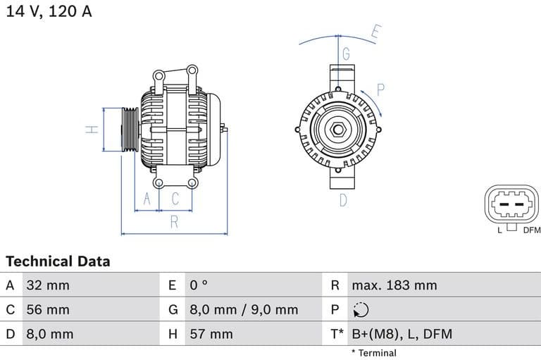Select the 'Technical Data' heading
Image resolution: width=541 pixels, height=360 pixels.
tap(58, 261)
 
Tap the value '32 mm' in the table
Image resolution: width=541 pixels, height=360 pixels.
tap(48, 285)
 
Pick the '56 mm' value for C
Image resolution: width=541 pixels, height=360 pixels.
tap(48, 309)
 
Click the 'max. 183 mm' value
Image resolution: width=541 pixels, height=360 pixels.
tap(394, 285)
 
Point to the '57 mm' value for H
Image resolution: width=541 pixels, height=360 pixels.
tap(211, 334)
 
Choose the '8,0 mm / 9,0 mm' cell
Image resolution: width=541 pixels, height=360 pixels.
tap(244, 309)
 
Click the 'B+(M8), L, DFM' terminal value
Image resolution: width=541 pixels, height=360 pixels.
tap(402, 334)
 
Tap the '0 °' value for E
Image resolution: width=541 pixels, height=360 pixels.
tap(199, 285)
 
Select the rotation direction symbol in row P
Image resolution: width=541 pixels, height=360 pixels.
tap(360, 310)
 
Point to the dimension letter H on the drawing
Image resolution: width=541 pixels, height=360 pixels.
tap(91, 130)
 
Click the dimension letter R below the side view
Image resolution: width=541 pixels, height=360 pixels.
tap(174, 223)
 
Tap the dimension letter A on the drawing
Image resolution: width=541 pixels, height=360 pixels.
tap(147, 200)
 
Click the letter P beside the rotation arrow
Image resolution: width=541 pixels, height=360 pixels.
tap(380, 90)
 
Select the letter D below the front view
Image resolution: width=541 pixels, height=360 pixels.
tap(343, 200)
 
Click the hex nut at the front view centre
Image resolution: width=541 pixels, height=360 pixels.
tap(337, 130)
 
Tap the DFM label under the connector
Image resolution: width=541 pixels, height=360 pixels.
tap(531, 230)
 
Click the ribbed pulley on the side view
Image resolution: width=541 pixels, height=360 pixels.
tap(130, 130)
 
